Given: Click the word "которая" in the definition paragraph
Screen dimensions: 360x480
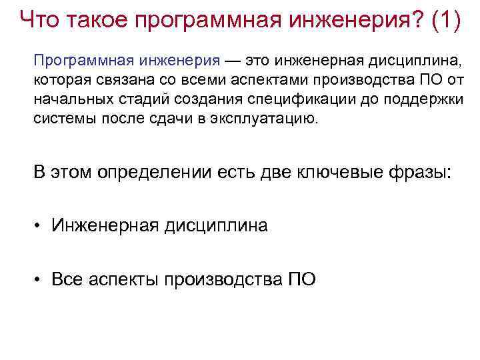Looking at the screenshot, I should [x=58, y=81].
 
